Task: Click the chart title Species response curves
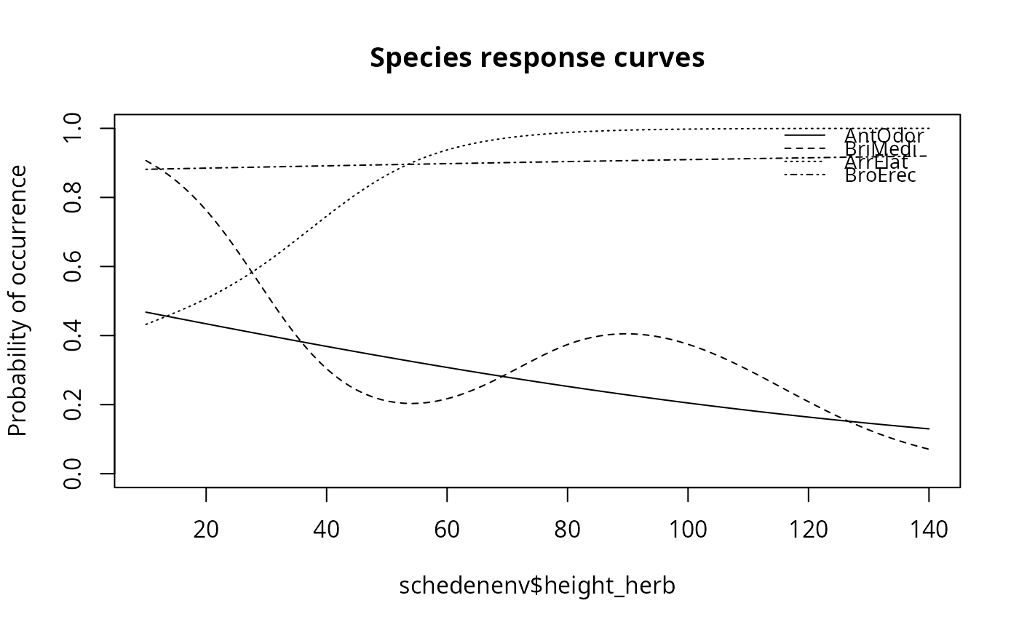click(x=537, y=58)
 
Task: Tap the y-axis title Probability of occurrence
click(x=18, y=300)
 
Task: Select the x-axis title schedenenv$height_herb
click(x=537, y=586)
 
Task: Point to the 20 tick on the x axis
click(x=206, y=529)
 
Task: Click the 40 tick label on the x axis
click(x=326, y=529)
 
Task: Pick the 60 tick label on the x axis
click(x=447, y=529)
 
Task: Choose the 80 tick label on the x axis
click(x=567, y=529)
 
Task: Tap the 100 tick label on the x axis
click(x=688, y=529)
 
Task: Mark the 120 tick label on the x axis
click(x=808, y=529)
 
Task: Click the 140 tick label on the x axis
click(x=928, y=529)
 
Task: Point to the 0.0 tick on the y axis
click(x=74, y=474)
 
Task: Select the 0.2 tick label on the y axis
click(x=74, y=404)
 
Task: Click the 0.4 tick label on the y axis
click(x=74, y=335)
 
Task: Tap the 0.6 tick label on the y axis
click(x=74, y=266)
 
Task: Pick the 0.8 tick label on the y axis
click(x=74, y=197)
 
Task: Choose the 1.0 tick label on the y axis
click(x=74, y=128)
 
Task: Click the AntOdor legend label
click(x=884, y=135)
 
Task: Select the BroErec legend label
click(x=880, y=175)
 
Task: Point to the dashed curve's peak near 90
click(x=627, y=334)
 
